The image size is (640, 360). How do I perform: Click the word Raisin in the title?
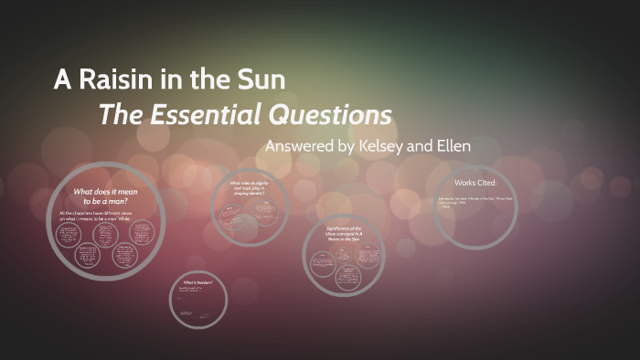(114, 80)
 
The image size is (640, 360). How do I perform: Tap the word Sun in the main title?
(261, 80)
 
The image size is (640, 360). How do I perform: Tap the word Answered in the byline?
(298, 147)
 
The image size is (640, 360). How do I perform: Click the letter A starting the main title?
(62, 80)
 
